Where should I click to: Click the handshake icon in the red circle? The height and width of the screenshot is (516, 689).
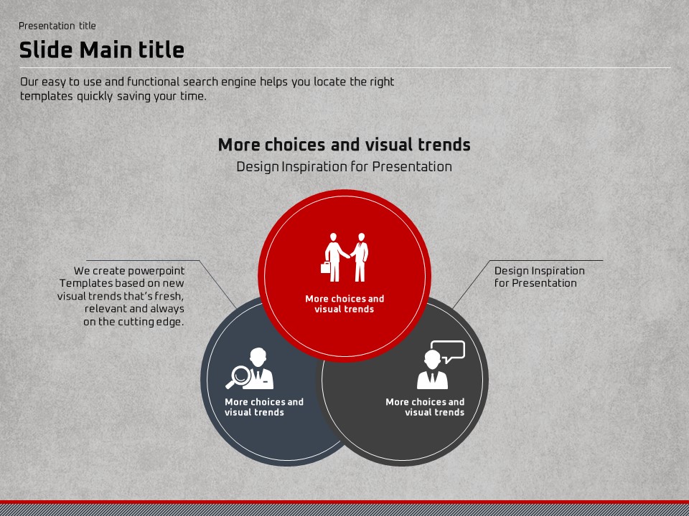(x=344, y=257)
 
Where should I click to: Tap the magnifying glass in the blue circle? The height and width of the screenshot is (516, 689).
(x=238, y=376)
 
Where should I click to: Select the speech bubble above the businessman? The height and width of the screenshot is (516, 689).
(x=448, y=351)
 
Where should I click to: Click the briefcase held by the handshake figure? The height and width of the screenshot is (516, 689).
(x=326, y=267)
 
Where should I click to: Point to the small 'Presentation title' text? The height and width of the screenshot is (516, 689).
(x=57, y=26)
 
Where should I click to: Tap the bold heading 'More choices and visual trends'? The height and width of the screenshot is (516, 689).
(x=344, y=145)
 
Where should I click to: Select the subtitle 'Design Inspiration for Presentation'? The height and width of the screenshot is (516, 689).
(x=344, y=167)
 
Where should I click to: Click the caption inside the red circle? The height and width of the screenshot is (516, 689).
(x=344, y=304)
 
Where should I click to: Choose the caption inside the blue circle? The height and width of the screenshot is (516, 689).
(x=264, y=407)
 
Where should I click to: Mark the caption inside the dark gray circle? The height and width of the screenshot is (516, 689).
(x=425, y=407)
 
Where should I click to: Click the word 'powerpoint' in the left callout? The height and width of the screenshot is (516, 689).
(x=156, y=271)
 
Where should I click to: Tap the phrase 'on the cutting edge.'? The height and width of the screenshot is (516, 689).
(x=133, y=322)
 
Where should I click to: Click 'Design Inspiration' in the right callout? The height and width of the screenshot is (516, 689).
(x=540, y=271)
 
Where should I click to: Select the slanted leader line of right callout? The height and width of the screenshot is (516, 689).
(x=471, y=285)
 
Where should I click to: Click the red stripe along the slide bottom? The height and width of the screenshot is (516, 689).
(x=344, y=502)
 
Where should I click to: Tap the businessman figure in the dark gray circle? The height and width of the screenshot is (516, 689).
(x=432, y=370)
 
